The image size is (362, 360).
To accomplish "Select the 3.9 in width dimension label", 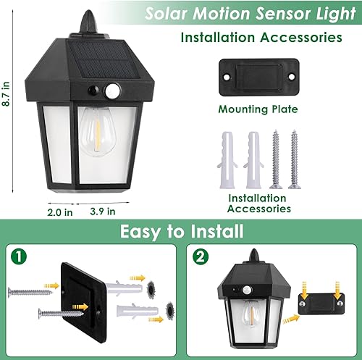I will pyautogui.click(x=102, y=212).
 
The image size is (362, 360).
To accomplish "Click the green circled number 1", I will pyautogui.click(x=19, y=256).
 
